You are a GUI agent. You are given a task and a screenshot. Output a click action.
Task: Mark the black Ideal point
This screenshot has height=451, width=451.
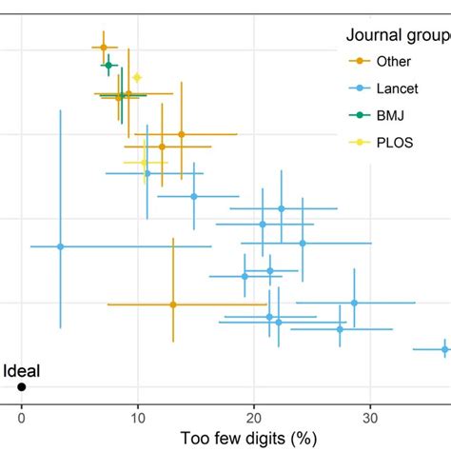[21, 387]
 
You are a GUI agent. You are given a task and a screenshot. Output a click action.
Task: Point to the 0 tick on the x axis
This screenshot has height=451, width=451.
[21, 415]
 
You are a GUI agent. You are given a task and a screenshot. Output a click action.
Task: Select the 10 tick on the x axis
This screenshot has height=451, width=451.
[137, 415]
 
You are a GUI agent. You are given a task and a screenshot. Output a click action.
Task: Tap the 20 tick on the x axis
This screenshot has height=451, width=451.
[254, 415]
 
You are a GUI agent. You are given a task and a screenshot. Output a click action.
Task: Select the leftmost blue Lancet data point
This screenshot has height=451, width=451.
[60, 246]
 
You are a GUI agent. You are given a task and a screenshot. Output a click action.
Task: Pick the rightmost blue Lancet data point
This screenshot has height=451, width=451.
[444, 349]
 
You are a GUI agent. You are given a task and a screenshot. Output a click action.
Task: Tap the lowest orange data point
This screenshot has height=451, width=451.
[173, 304]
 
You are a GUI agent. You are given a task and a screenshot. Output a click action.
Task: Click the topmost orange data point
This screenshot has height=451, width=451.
[104, 47]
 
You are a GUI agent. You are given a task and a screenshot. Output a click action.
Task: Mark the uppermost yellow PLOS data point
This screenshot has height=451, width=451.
[137, 77]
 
